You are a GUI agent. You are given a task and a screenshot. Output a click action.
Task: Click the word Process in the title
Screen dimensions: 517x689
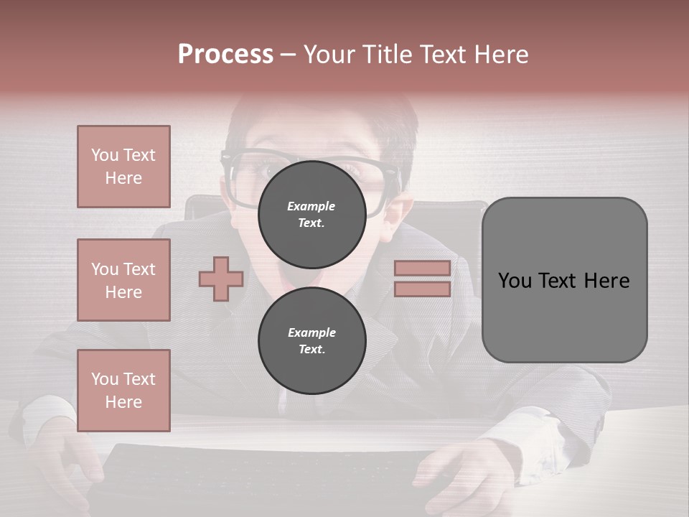click(225, 55)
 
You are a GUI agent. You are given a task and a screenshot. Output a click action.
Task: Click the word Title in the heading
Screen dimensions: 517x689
click(387, 55)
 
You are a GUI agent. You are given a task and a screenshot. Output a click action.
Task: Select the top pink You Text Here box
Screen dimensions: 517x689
click(123, 167)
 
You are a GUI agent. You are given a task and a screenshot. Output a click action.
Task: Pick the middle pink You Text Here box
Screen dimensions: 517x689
click(123, 280)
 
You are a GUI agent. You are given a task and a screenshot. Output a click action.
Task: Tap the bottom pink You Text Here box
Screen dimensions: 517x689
click(123, 391)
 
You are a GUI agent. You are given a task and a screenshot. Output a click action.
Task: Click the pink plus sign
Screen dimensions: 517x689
click(221, 279)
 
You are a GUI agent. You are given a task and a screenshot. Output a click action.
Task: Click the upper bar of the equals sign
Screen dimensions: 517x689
click(422, 268)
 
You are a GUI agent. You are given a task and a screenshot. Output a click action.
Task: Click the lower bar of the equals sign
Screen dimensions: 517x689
click(422, 289)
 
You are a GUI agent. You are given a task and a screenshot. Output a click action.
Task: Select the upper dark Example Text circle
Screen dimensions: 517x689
click(311, 214)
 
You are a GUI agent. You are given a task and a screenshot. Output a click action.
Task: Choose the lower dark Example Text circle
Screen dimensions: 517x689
click(311, 340)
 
